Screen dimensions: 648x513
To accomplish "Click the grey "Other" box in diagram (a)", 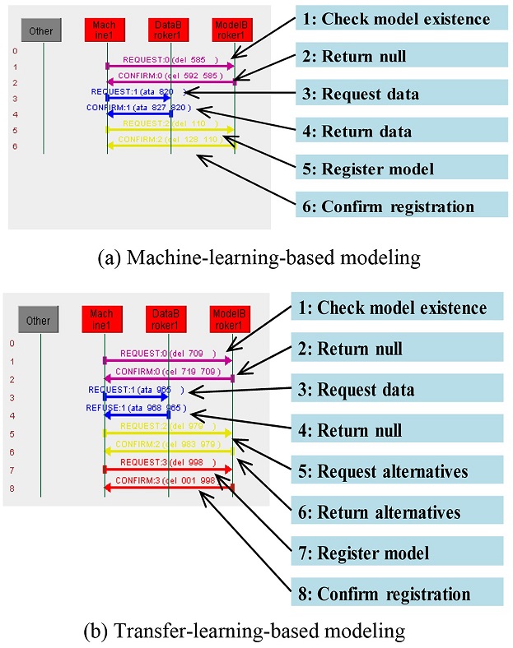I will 40,31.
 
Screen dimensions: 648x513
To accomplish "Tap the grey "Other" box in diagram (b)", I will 40,321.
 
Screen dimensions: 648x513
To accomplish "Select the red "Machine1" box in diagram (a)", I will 106,30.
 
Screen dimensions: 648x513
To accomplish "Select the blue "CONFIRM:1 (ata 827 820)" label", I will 139,108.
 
